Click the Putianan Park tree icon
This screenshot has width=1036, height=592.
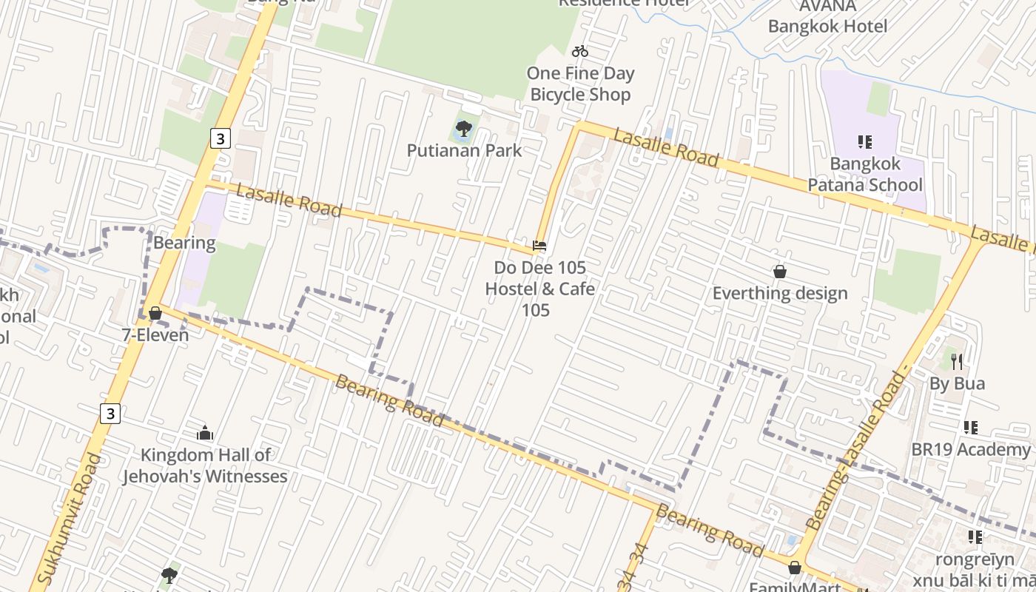click(464, 130)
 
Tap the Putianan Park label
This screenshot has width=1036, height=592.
click(464, 151)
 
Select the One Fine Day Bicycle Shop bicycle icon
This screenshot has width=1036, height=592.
click(580, 51)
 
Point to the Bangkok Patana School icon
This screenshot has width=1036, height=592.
click(864, 141)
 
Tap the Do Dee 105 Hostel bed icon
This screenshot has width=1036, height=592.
click(539, 246)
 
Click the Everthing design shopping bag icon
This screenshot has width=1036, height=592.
click(779, 272)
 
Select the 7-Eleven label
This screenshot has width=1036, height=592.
click(155, 335)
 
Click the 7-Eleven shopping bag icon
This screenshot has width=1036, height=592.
click(155, 313)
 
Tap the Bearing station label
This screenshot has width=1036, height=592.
click(184, 243)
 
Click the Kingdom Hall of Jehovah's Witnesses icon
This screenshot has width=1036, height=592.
click(205, 433)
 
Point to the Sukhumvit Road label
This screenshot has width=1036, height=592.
click(67, 518)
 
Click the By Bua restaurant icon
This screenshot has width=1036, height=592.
click(958, 362)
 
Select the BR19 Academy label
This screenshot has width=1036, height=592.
click(970, 449)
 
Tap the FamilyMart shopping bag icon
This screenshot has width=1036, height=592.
click(795, 568)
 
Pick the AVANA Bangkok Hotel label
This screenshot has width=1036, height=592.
click(827, 16)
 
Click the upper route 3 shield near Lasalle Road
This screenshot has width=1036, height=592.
click(220, 138)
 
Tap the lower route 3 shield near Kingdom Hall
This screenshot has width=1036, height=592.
click(110, 414)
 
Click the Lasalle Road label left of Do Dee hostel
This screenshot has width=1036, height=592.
click(289, 201)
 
